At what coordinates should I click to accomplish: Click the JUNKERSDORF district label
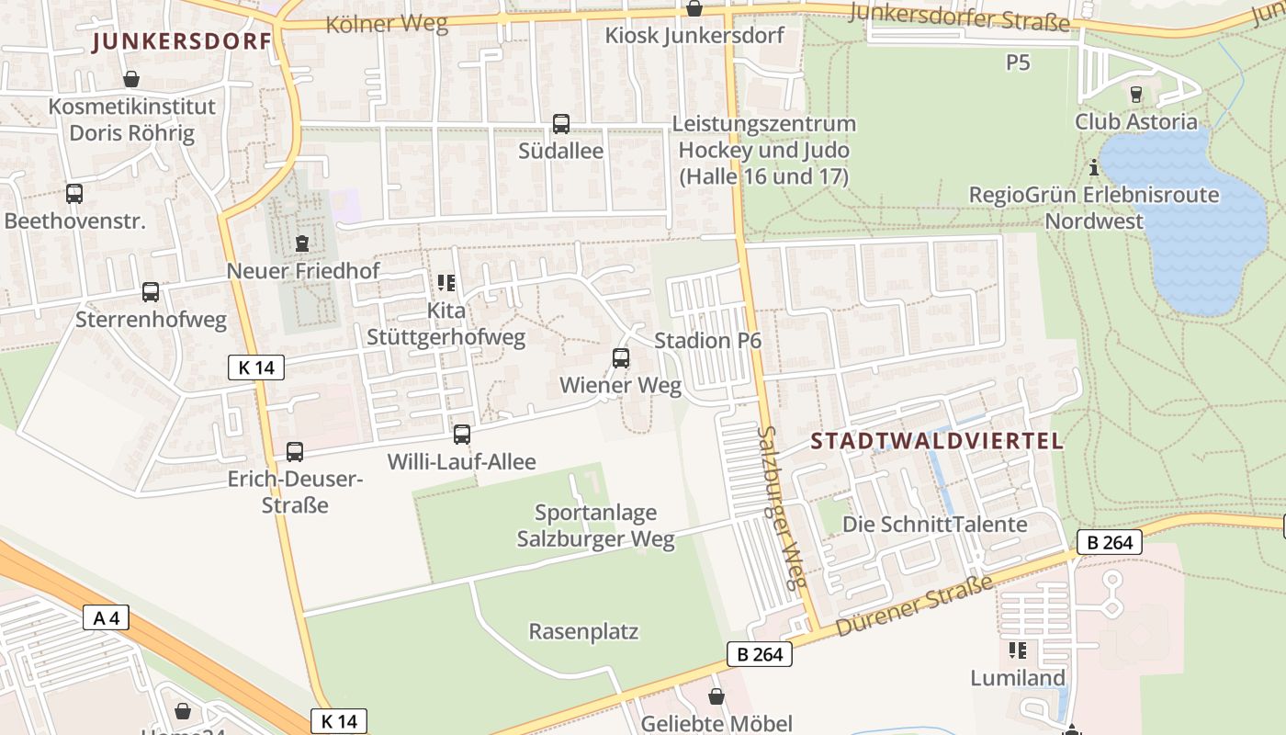[182, 41]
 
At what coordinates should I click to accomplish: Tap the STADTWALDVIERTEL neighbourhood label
[937, 441]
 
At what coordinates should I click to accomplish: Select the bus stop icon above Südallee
[560, 123]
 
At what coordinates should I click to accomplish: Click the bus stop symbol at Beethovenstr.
[74, 194]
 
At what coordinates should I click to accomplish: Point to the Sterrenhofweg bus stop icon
[151, 292]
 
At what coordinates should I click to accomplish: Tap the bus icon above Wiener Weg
[621, 358]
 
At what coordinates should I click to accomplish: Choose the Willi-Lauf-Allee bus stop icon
[462, 434]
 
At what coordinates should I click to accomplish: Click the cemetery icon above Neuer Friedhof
[302, 243]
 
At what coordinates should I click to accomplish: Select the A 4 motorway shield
[107, 617]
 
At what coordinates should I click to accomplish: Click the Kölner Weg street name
[387, 24]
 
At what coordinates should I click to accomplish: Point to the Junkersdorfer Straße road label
[960, 17]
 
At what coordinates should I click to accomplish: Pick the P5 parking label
[1018, 62]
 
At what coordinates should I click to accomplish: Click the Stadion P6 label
[707, 341]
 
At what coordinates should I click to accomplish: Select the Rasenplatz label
[583, 632]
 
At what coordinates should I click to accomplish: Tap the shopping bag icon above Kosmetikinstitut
[131, 80]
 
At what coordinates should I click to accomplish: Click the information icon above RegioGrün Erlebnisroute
[1094, 168]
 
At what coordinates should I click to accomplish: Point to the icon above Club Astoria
[1136, 94]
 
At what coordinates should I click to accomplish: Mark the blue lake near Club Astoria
[1185, 230]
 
